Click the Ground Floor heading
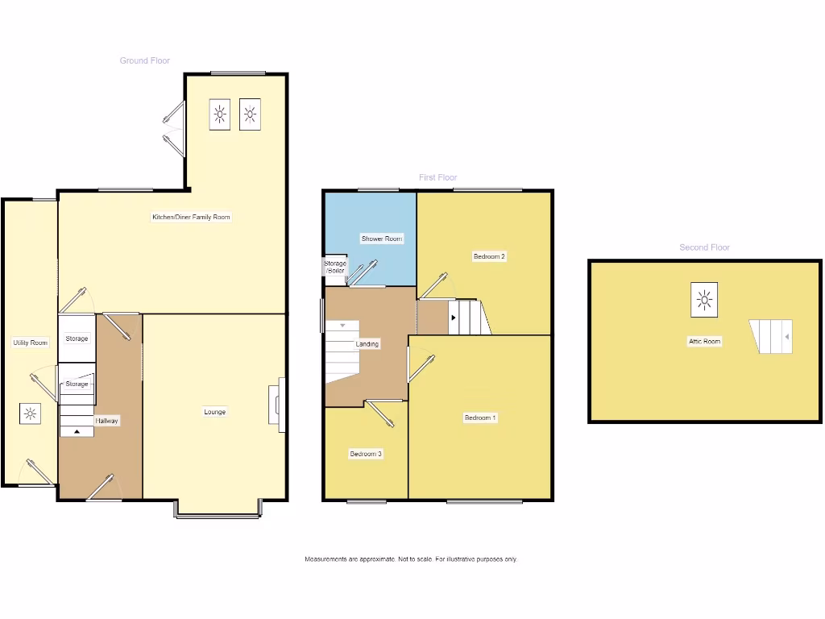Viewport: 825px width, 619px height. pyautogui.click(x=145, y=60)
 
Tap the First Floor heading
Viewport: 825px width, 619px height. pyautogui.click(x=437, y=177)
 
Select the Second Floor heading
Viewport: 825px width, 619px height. pyautogui.click(x=704, y=247)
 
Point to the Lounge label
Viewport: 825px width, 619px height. pyautogui.click(x=214, y=412)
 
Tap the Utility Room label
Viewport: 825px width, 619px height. pyautogui.click(x=31, y=343)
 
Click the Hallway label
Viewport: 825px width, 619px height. pyautogui.click(x=107, y=421)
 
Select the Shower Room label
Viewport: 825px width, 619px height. pyautogui.click(x=382, y=239)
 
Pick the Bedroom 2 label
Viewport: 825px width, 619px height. pyautogui.click(x=489, y=256)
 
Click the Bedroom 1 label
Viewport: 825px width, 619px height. pyautogui.click(x=480, y=418)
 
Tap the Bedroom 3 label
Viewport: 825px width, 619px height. pyautogui.click(x=366, y=454)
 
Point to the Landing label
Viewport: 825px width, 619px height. pyautogui.click(x=367, y=344)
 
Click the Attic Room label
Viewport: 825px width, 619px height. pyautogui.click(x=704, y=341)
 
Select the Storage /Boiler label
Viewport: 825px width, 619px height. pyautogui.click(x=335, y=267)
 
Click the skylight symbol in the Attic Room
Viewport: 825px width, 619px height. pyautogui.click(x=704, y=301)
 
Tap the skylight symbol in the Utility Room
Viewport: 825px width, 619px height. pyautogui.click(x=31, y=414)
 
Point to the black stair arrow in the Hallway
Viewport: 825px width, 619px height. pyautogui.click(x=77, y=431)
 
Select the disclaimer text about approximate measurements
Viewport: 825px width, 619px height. pyautogui.click(x=411, y=559)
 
